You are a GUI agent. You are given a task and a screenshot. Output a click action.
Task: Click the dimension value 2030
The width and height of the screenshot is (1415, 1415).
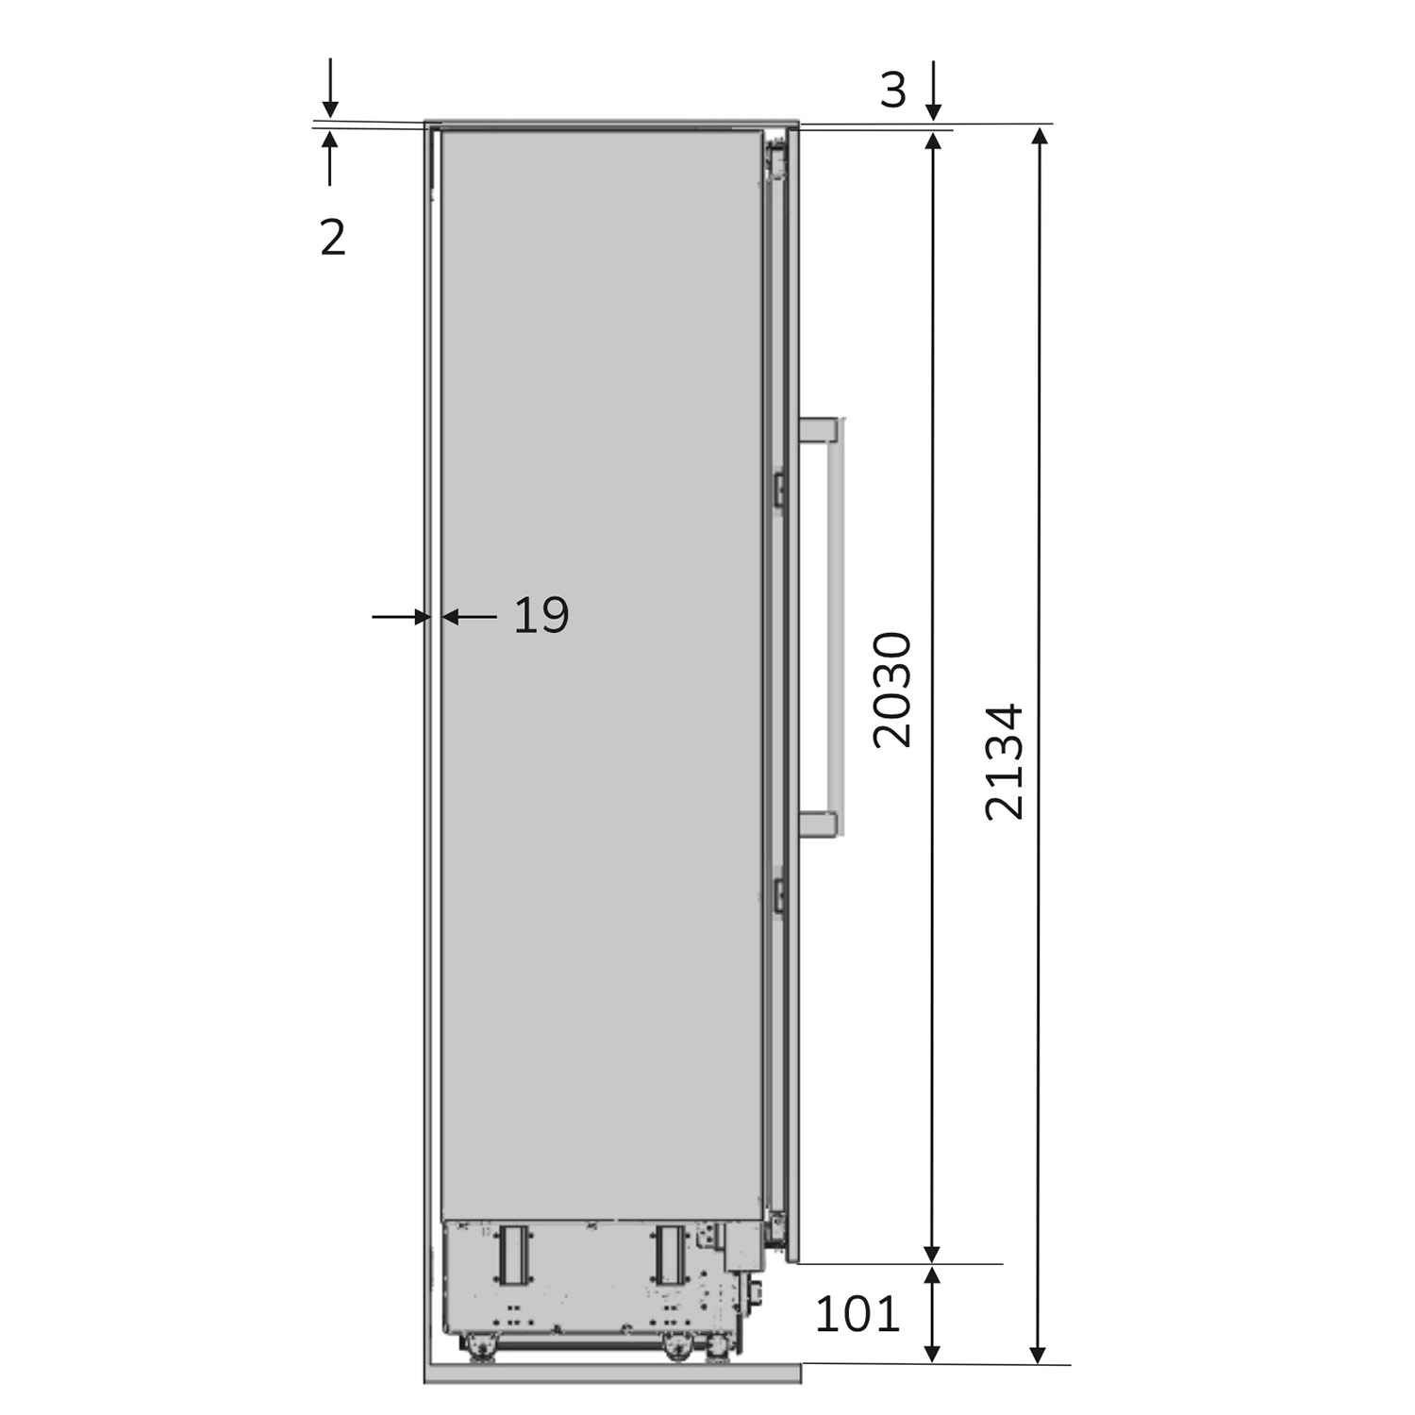[x=891, y=690]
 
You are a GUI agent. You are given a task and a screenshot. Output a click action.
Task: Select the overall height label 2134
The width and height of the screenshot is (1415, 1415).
[x=1003, y=761]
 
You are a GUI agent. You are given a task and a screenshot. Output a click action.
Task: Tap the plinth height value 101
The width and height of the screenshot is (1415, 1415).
[x=857, y=1313]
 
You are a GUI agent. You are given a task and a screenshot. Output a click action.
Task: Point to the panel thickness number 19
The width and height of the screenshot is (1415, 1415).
[x=541, y=616]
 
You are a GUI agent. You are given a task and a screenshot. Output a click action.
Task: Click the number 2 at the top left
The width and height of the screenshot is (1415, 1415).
[x=333, y=238]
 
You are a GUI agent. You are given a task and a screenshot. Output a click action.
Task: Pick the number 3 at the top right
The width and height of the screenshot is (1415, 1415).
[x=892, y=91]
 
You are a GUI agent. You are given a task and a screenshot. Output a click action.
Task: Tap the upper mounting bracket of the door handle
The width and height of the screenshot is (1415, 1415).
[x=818, y=430]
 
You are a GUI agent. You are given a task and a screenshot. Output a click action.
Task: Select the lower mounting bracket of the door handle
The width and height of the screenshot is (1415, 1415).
[x=818, y=824]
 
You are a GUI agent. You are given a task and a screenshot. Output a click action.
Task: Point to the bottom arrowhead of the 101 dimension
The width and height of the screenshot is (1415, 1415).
[x=932, y=1353]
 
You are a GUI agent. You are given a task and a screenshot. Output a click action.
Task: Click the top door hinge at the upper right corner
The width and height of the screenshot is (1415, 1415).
[x=777, y=158]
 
